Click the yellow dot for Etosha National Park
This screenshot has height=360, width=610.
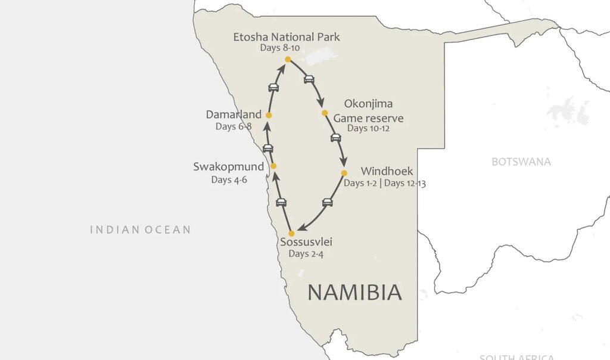tap(288, 60)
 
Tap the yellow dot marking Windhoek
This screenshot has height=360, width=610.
tap(344, 173)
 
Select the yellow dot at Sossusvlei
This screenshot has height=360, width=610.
tap(291, 233)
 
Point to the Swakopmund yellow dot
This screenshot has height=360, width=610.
tap(273, 166)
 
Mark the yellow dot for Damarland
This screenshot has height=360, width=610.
tap(269, 115)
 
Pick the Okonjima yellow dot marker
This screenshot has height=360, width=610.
tap(325, 113)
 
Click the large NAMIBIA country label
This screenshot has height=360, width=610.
tap(354, 292)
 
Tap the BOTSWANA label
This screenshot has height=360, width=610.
tap(521, 162)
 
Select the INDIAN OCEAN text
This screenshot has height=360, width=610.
tap(141, 229)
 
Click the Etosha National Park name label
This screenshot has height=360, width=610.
tap(287, 37)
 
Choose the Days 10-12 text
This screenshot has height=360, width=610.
tap(368, 128)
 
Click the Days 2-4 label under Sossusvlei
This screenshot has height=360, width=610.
tap(306, 254)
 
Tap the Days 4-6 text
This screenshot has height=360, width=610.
tap(229, 179)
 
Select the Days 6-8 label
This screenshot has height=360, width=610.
tap(234, 126)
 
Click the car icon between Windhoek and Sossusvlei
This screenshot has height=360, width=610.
tap(327, 203)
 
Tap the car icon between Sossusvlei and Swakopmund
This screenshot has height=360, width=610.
tap(281, 203)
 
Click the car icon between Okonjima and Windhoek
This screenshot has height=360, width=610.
tap(336, 138)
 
